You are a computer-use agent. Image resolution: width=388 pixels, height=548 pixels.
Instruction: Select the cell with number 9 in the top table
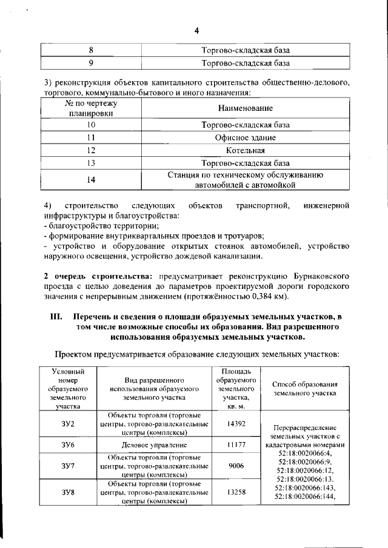[x=91, y=62]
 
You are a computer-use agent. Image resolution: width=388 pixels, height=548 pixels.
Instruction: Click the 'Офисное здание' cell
[x=246, y=137]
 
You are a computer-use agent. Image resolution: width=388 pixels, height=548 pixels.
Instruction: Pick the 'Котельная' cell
[x=246, y=150]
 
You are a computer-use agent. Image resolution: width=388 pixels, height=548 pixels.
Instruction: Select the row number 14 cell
[x=91, y=180]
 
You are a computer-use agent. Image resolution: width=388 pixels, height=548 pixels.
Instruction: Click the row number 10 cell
[x=91, y=125]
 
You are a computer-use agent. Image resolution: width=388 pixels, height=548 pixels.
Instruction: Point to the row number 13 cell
[x=91, y=163]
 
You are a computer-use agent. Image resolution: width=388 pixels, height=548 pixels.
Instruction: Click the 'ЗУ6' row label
[x=68, y=445]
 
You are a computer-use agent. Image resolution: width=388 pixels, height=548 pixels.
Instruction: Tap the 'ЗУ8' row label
[x=68, y=492]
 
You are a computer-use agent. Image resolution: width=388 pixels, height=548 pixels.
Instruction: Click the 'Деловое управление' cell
[x=157, y=445]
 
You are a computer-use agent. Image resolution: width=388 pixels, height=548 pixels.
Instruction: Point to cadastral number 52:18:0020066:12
[x=305, y=470]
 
